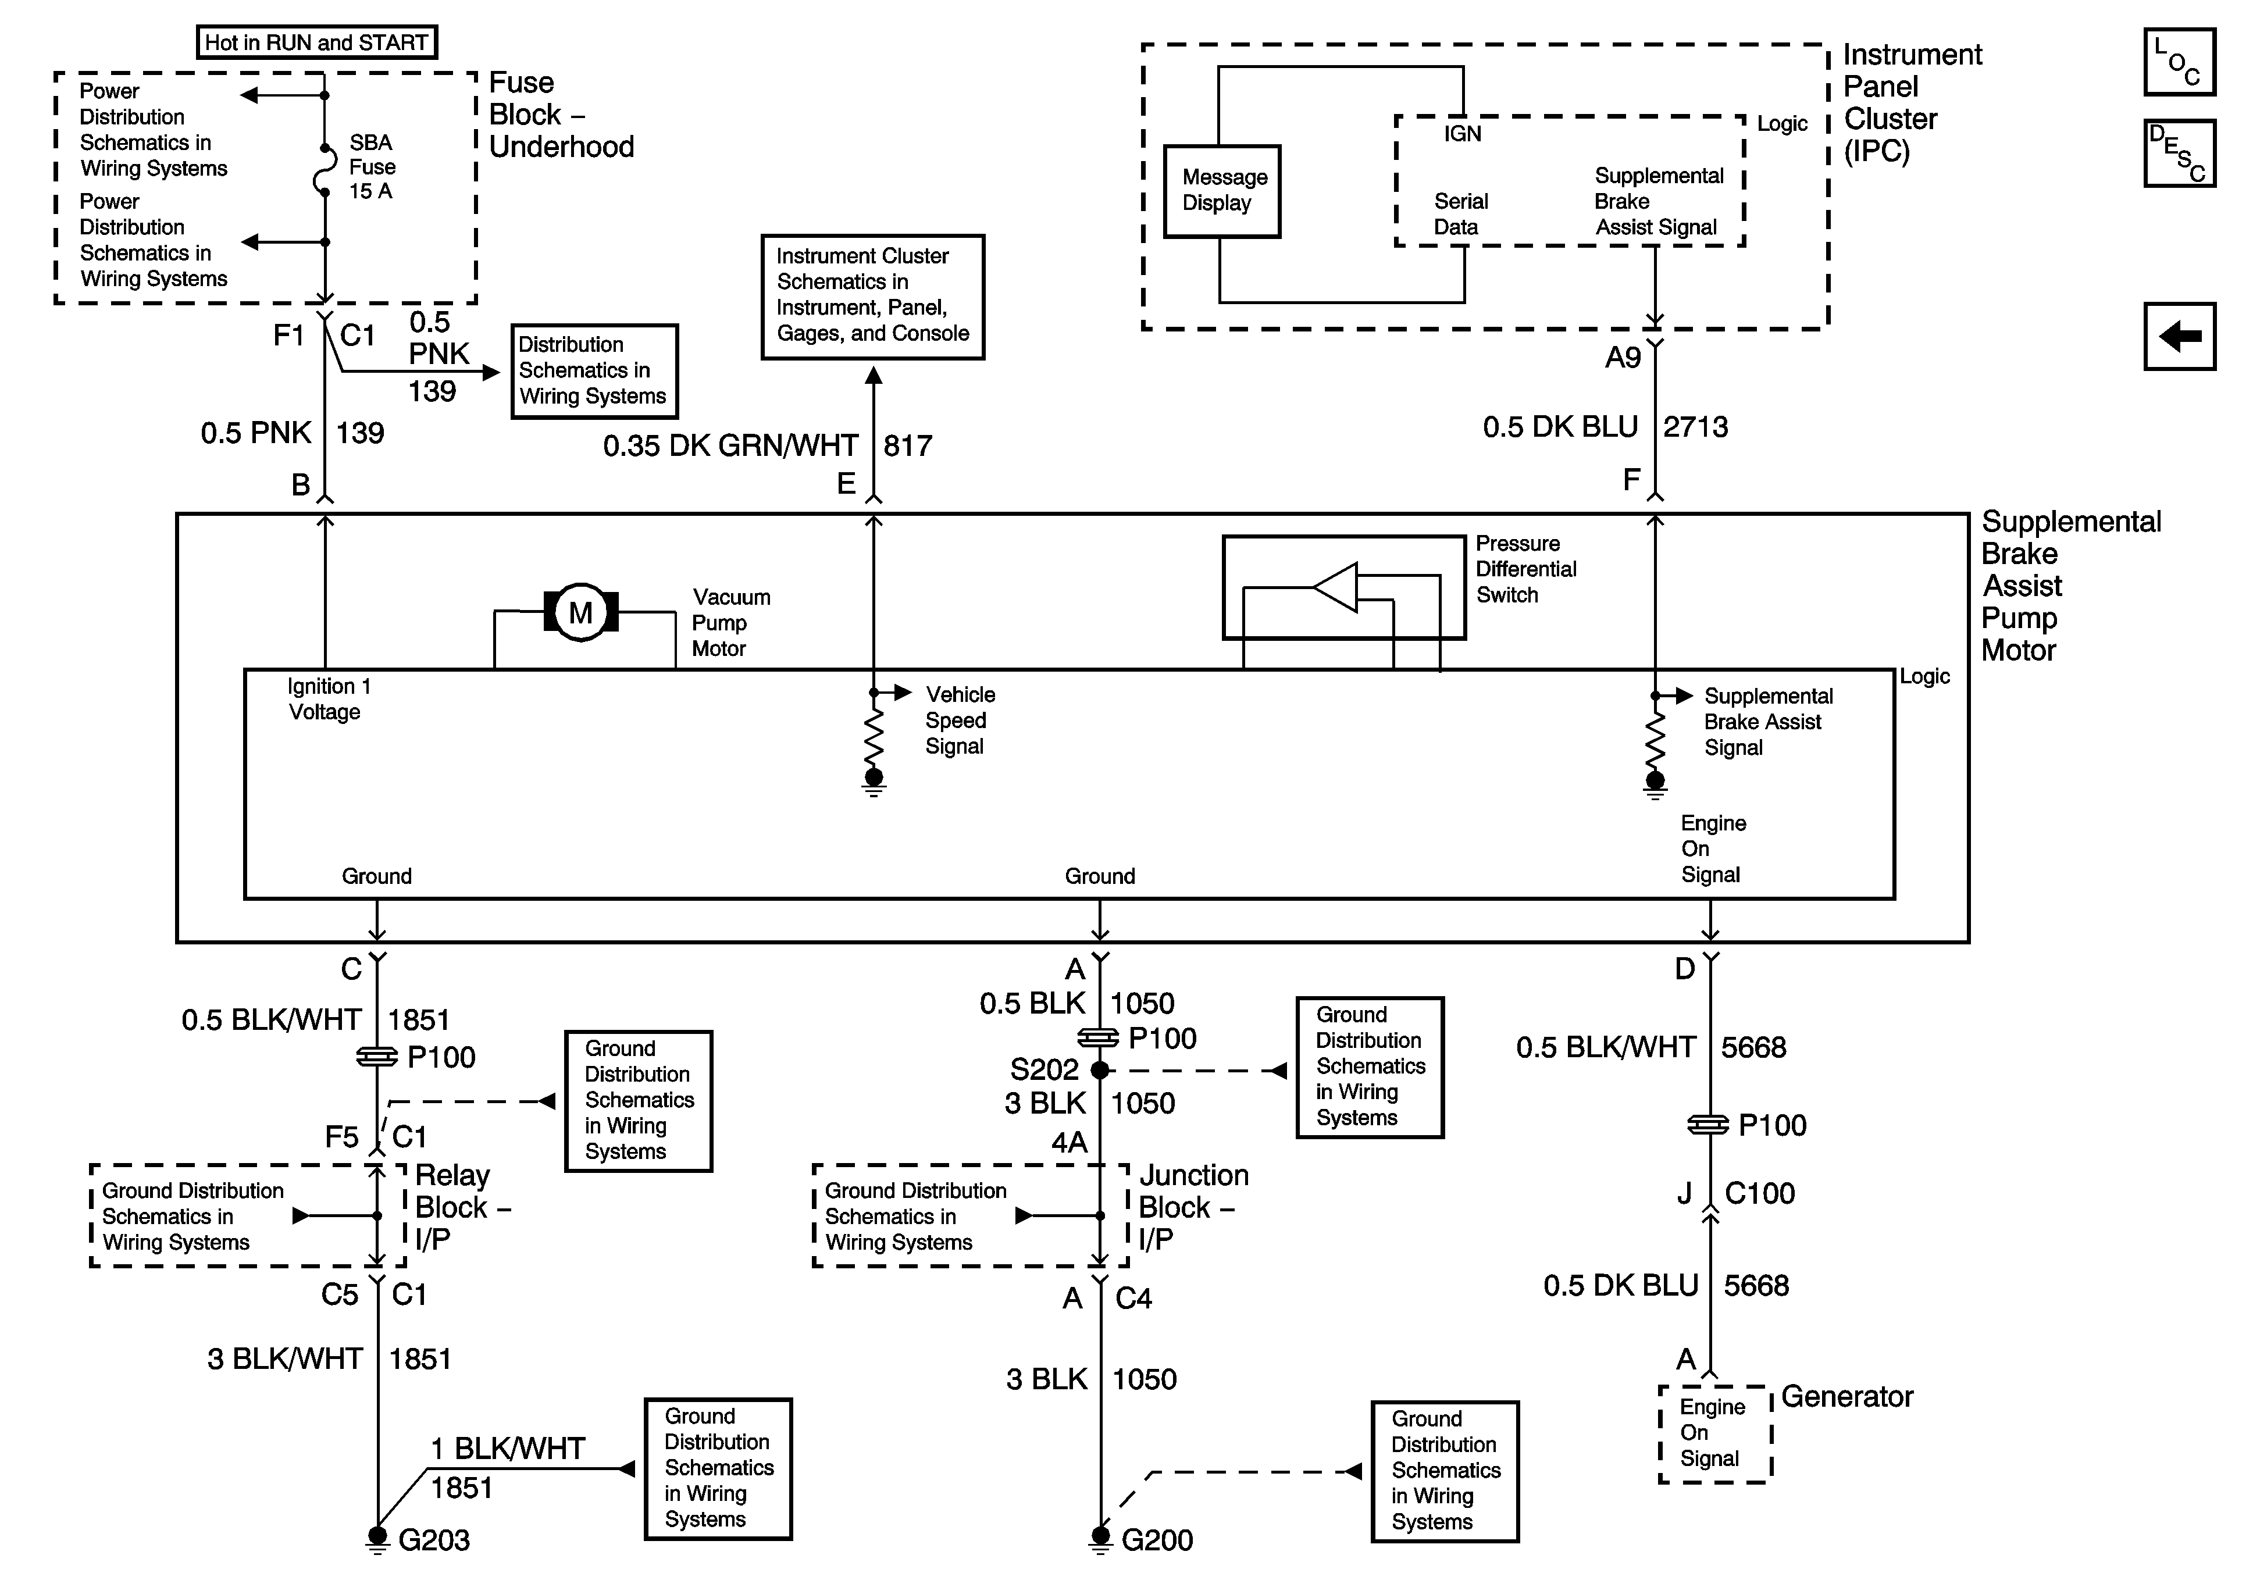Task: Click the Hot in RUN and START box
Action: click(x=316, y=42)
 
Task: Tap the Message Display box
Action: click(x=1222, y=191)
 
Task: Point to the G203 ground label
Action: click(x=434, y=1540)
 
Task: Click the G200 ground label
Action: click(x=1157, y=1540)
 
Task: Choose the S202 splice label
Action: click(x=1044, y=1069)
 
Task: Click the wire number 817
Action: click(x=908, y=447)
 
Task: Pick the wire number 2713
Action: click(x=1696, y=427)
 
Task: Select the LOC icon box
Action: click(x=2179, y=62)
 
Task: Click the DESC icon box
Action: click(x=2179, y=152)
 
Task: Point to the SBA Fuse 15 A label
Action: click(x=372, y=167)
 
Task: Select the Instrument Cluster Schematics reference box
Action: click(x=872, y=297)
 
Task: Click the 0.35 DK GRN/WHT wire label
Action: click(x=730, y=447)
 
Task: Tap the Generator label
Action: click(x=1846, y=1396)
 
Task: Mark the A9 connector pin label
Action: click(x=1623, y=358)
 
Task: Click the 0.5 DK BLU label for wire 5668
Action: click(x=1620, y=1286)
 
